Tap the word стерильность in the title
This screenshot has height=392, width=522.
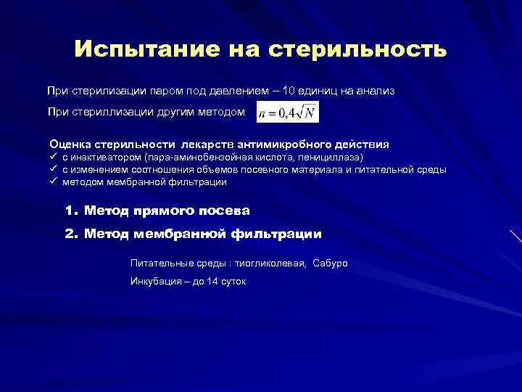(x=358, y=49)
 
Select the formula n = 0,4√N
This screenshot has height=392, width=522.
(x=287, y=113)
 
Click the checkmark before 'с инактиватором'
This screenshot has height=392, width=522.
(x=53, y=157)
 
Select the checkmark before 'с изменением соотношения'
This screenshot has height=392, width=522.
(x=53, y=169)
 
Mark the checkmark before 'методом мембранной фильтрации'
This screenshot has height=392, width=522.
(x=53, y=181)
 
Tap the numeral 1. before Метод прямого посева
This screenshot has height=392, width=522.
(x=70, y=211)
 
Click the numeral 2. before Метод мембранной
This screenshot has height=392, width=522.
(x=70, y=234)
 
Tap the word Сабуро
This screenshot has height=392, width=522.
(x=331, y=263)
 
